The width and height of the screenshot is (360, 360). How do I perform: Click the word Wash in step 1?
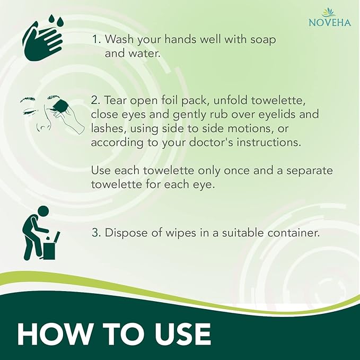[x=117, y=40]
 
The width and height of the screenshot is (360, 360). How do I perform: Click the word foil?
[x=181, y=100]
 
